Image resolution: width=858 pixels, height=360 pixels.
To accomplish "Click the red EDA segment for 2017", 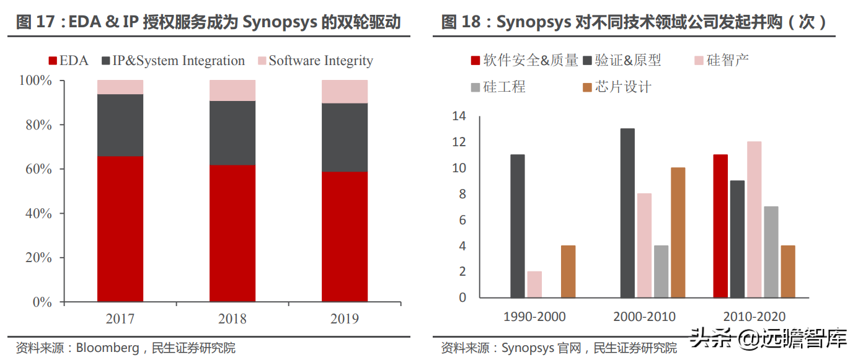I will click(120, 229).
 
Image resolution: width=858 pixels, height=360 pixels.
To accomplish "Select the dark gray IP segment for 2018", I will click(232, 133).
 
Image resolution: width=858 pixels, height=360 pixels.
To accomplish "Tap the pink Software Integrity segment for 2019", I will click(345, 91).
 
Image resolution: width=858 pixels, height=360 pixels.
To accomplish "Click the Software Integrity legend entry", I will click(315, 61).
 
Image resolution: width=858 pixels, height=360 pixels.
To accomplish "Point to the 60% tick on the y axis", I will click(36, 169).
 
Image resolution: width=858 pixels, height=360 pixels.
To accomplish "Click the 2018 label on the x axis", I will click(232, 319).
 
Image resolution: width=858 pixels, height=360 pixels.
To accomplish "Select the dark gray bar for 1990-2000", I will click(518, 226).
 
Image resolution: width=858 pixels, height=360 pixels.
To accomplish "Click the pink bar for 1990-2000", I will click(534, 284).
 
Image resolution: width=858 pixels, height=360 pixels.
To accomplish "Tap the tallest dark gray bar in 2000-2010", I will click(627, 213).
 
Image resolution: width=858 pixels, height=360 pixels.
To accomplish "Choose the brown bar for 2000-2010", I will click(678, 232).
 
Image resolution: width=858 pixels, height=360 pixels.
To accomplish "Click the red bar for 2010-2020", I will click(720, 226).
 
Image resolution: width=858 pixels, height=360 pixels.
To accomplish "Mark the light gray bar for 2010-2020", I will click(771, 252).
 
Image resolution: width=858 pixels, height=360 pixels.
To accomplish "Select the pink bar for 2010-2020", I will click(754, 219).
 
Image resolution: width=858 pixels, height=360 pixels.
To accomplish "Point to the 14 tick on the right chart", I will click(459, 116).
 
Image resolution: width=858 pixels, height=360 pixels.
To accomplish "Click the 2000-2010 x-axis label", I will click(644, 317).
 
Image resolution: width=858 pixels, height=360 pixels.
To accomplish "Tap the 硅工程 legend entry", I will click(498, 87).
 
